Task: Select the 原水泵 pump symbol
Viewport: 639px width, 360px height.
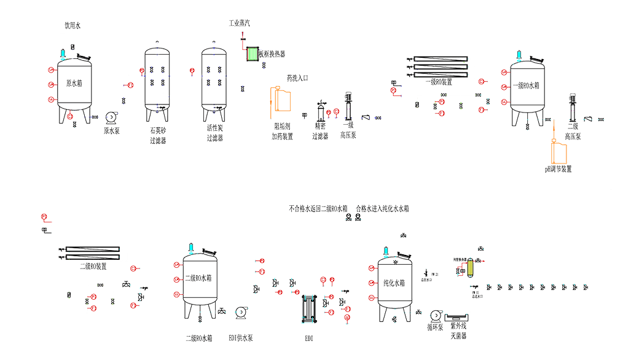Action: click(111, 117)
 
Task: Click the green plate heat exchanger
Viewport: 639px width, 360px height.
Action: click(252, 53)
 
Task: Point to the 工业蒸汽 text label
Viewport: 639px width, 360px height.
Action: click(239, 23)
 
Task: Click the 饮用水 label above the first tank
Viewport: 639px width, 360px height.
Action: click(73, 26)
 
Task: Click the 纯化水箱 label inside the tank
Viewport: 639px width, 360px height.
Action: click(393, 283)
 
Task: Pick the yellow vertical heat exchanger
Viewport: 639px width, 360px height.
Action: click(471, 268)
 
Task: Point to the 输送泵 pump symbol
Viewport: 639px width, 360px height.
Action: click(435, 316)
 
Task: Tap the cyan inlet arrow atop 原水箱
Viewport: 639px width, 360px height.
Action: click(63, 54)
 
